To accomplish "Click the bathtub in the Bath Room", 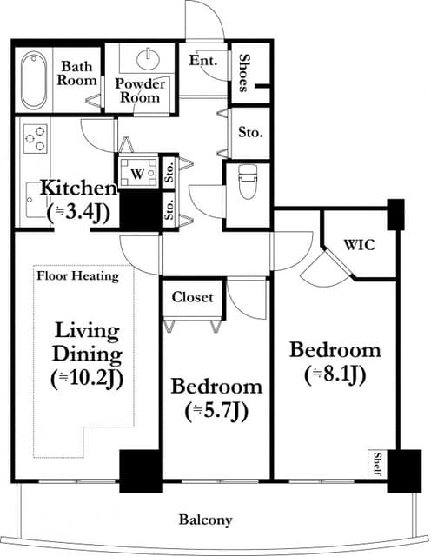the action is point(34,81).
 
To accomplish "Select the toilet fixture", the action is point(248,182).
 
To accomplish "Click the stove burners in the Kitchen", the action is point(35,139).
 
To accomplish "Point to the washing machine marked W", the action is point(137,172).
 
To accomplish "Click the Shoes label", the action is point(243,73).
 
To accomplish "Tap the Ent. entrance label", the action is point(202,60).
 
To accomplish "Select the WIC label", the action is point(360,245).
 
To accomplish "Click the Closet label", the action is point(193,297).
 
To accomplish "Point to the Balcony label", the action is point(206,520).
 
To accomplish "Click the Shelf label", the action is point(378,464).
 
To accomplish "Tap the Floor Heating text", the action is point(78,276).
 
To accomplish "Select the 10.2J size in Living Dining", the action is point(87,380).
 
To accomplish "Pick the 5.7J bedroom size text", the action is point(215,411).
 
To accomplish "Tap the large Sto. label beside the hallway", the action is point(250,132).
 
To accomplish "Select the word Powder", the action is point(141,83).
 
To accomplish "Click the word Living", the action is point(87,332).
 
